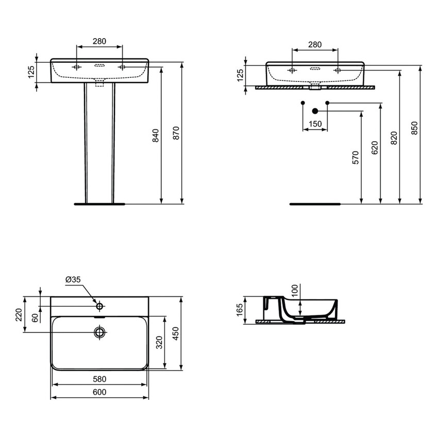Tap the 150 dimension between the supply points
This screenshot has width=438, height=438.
[x=315, y=124]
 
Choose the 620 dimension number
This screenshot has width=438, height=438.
[x=375, y=148]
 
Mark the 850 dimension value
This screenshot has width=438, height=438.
[x=414, y=128]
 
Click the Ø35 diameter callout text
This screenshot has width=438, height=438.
[x=73, y=280]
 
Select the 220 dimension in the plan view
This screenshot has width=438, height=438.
[x=19, y=314]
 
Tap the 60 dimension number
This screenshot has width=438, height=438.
[x=35, y=318]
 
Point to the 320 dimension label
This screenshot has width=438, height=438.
[x=159, y=342]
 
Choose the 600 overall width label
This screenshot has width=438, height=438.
[x=100, y=392]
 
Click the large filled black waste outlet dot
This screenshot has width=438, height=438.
[x=316, y=110]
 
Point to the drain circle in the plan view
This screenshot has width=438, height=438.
[x=99, y=331]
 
